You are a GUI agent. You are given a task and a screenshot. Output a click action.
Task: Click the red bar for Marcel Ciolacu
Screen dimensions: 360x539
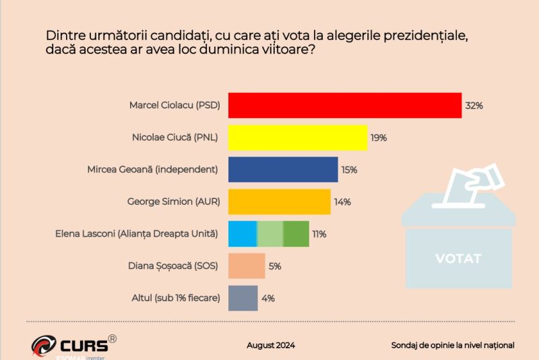[345, 105]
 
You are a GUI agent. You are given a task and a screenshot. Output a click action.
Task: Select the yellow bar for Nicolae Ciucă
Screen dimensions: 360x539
[298, 138]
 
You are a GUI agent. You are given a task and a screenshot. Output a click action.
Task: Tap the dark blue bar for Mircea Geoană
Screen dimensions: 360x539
[283, 170]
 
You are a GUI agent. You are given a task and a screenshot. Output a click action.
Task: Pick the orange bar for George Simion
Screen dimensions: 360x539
[280, 202]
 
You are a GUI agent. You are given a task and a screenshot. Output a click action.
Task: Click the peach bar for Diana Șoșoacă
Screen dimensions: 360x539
[247, 266]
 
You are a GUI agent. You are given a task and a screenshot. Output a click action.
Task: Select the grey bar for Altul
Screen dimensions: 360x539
[243, 298]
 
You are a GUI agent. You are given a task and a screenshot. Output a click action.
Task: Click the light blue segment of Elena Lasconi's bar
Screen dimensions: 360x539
[243, 234]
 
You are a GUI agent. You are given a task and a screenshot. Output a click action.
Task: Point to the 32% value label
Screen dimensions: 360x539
[474, 106]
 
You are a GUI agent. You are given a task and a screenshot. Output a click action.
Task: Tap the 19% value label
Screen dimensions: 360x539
[378, 138]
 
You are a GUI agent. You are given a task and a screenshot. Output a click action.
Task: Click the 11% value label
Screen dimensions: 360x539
[319, 235]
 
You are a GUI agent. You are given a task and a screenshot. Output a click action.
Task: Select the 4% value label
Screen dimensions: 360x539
[267, 298]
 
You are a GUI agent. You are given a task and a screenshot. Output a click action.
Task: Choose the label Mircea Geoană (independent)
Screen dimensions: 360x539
[153, 170]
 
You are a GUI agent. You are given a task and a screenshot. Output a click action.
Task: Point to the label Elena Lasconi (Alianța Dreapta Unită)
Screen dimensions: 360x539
[137, 234]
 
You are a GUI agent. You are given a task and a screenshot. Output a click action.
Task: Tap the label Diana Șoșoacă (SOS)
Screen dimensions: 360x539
[173, 266]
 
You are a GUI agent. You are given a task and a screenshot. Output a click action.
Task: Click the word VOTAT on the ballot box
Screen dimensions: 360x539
[458, 258]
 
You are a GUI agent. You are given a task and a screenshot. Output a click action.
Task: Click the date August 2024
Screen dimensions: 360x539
[271, 345]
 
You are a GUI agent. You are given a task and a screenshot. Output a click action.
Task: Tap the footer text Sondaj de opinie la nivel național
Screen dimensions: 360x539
[453, 345]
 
